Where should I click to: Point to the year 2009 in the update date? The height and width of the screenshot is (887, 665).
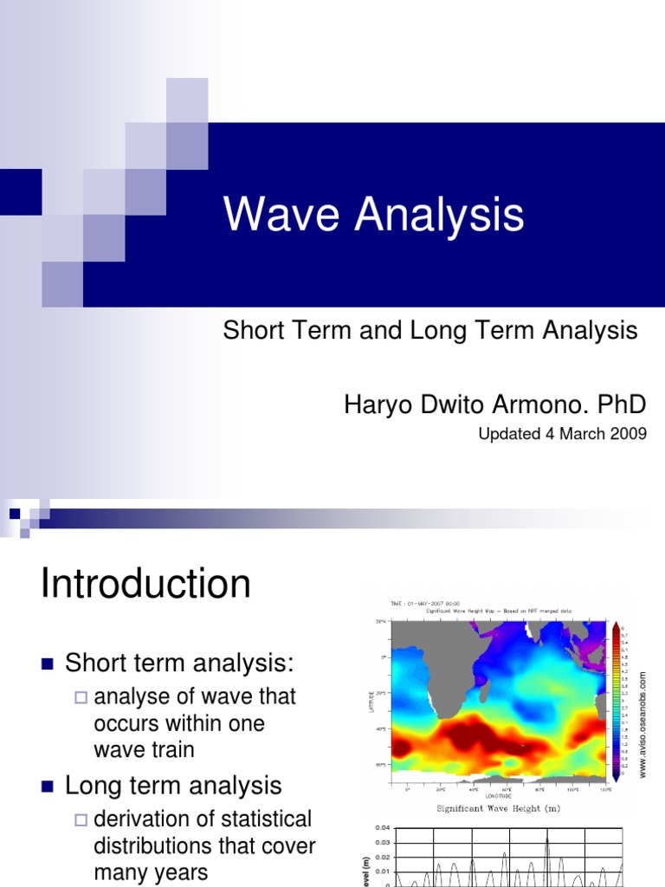pyautogui.click(x=629, y=434)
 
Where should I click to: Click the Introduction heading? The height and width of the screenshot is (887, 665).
pyautogui.click(x=145, y=584)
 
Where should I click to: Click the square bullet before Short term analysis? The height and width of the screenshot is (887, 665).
pyautogui.click(x=48, y=665)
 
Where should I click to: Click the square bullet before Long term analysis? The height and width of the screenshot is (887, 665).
pyautogui.click(x=48, y=787)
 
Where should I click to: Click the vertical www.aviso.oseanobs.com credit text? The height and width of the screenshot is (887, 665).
pyautogui.click(x=643, y=723)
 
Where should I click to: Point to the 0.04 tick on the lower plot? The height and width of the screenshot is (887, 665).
pyautogui.click(x=383, y=829)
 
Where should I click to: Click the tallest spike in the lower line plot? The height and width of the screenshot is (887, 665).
pyautogui.click(x=546, y=840)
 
